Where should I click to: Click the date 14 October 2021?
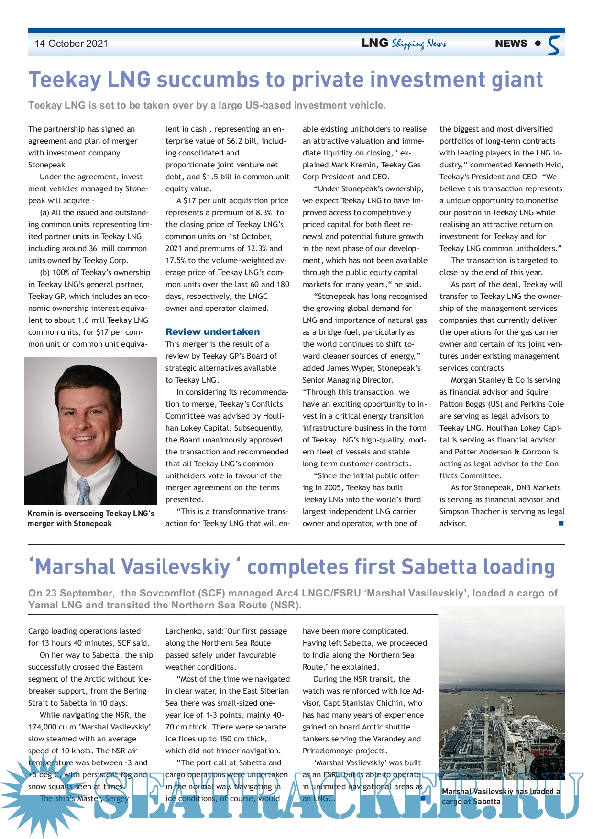click(71, 44)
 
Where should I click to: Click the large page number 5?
click(554, 45)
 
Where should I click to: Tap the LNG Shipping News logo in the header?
click(404, 44)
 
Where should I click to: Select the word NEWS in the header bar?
click(511, 44)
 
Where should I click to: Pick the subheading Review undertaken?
click(212, 331)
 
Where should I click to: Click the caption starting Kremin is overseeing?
click(91, 519)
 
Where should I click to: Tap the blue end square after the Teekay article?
click(561, 523)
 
